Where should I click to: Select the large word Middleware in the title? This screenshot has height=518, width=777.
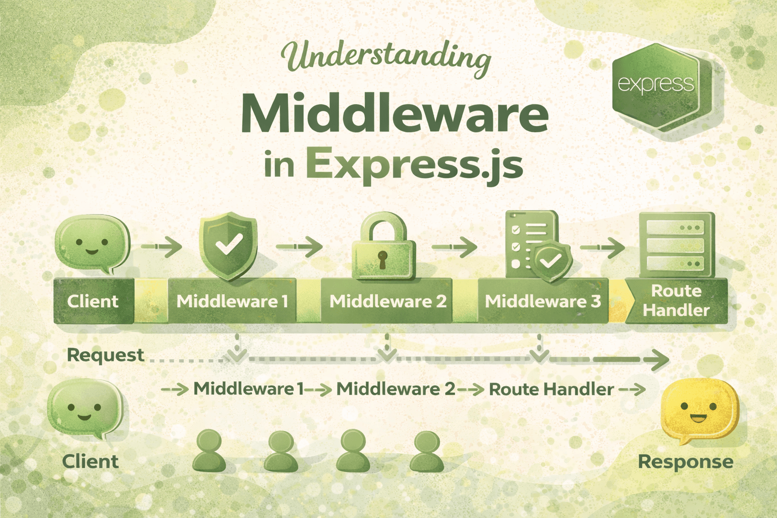395,114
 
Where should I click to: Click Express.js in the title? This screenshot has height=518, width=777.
414,165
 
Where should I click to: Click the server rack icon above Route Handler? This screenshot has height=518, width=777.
676,245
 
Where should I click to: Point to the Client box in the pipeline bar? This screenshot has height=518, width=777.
94,301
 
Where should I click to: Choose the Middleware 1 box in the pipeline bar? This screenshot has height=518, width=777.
232,301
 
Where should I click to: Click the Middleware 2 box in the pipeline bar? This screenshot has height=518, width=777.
387,301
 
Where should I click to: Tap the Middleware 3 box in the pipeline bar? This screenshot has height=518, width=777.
543,301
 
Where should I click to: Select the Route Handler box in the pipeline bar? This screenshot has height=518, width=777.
676,301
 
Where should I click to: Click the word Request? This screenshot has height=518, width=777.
105,356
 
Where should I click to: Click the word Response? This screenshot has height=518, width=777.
686,462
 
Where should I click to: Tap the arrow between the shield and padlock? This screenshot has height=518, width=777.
299,246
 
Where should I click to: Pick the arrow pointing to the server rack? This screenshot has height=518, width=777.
602,247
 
